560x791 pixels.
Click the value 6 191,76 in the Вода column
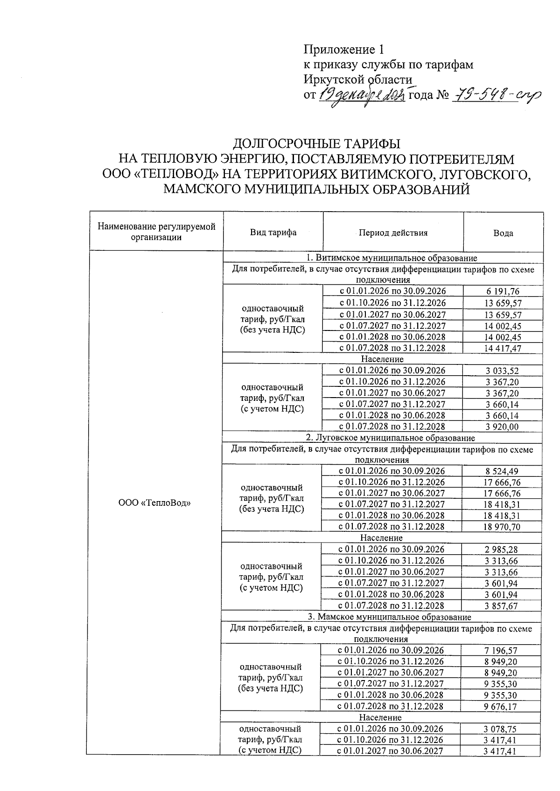tap(503, 292)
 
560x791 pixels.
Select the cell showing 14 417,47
tap(503, 348)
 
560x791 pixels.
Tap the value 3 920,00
tap(502, 426)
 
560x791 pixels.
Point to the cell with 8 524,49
tap(502, 471)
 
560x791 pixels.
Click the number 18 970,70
tap(502, 527)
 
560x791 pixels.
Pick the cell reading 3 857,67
tap(501, 606)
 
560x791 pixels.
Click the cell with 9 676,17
tap(500, 706)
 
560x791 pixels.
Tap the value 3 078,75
tap(500, 729)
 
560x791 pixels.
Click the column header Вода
tap(503, 233)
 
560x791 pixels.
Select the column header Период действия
tap(393, 233)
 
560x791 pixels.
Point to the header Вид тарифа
tap(273, 233)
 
